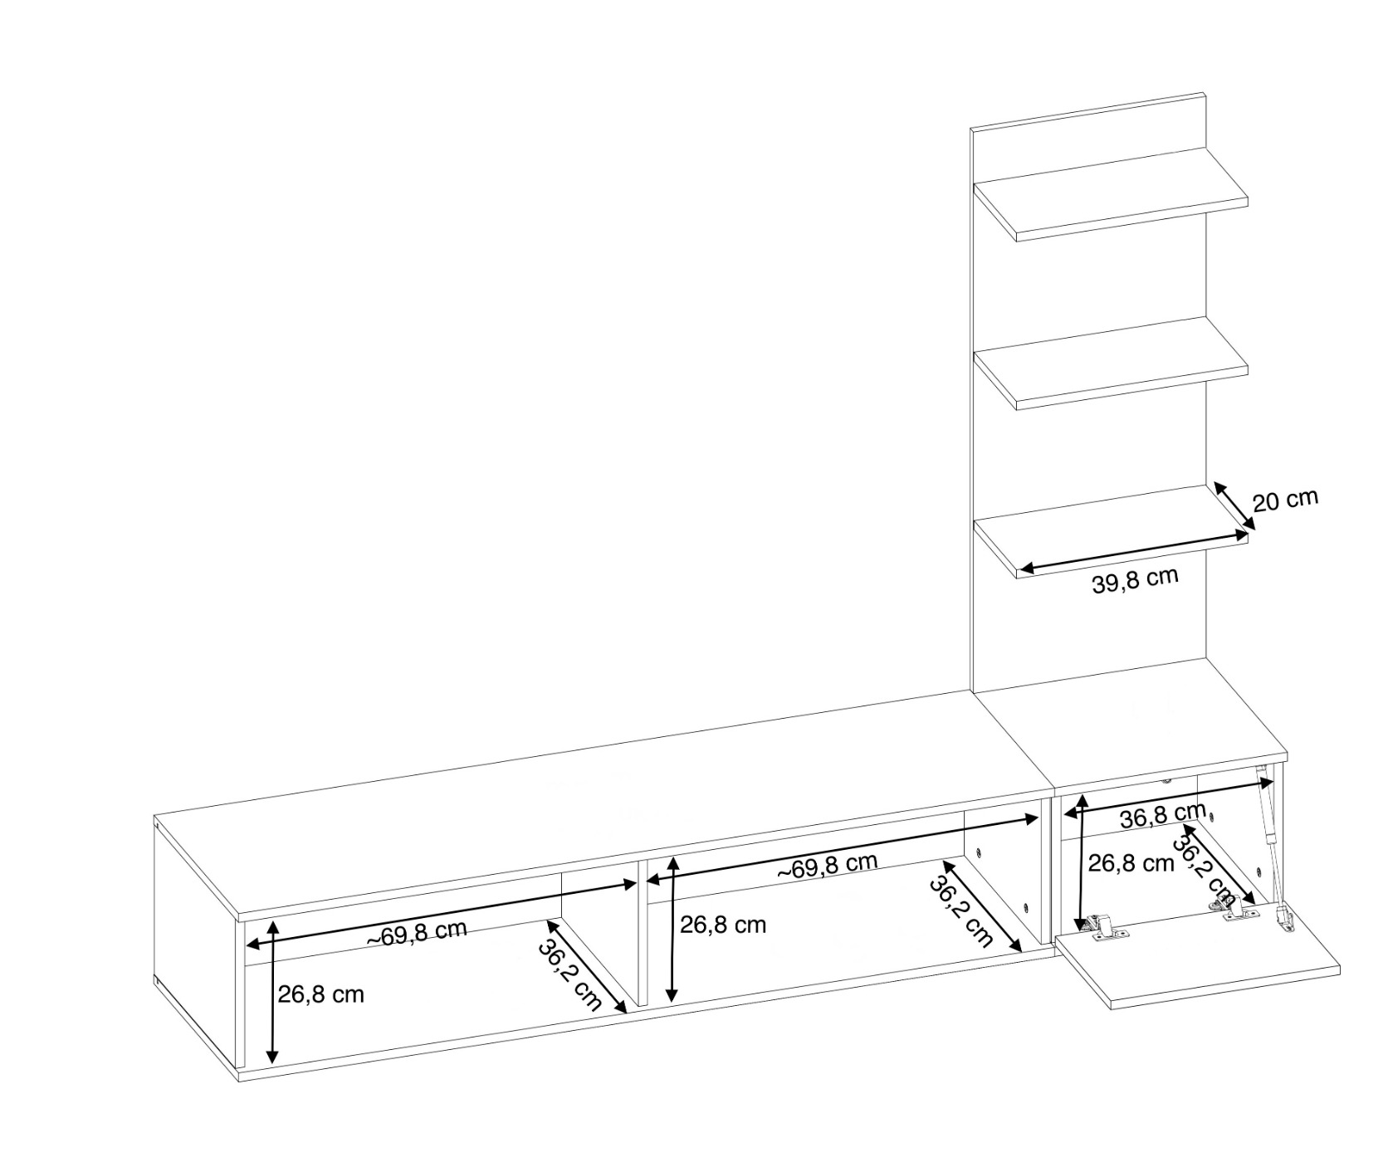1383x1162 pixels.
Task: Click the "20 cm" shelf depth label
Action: [1284, 500]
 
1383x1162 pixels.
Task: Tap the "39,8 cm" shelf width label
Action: [1135, 579]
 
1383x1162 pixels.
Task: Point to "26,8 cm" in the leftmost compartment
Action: [320, 994]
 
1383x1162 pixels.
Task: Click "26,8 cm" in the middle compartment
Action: [723, 925]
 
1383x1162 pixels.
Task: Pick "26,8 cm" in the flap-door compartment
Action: [1131, 863]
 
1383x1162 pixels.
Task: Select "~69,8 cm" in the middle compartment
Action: [827, 865]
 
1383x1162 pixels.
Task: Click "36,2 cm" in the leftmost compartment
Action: [569, 974]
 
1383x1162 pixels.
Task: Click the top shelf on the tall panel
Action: [1111, 195]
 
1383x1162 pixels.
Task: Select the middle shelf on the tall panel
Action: [1111, 364]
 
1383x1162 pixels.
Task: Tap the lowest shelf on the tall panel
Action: [1111, 532]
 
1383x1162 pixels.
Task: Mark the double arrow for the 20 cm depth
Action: [1234, 505]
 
